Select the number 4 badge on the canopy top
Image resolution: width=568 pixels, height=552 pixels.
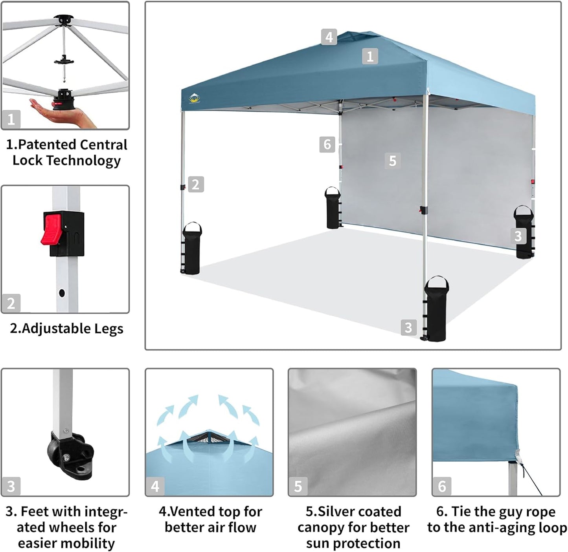point(329,37)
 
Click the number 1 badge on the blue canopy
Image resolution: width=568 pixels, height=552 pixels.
point(369,57)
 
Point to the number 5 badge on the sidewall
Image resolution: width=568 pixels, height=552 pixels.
point(392,161)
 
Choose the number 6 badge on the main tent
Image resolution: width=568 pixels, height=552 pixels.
point(327,144)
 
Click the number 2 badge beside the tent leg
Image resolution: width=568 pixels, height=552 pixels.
point(196,184)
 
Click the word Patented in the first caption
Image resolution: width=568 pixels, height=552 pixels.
point(43,145)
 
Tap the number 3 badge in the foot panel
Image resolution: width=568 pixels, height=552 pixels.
point(11,486)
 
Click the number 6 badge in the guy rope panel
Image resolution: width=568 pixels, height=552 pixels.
point(442,486)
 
